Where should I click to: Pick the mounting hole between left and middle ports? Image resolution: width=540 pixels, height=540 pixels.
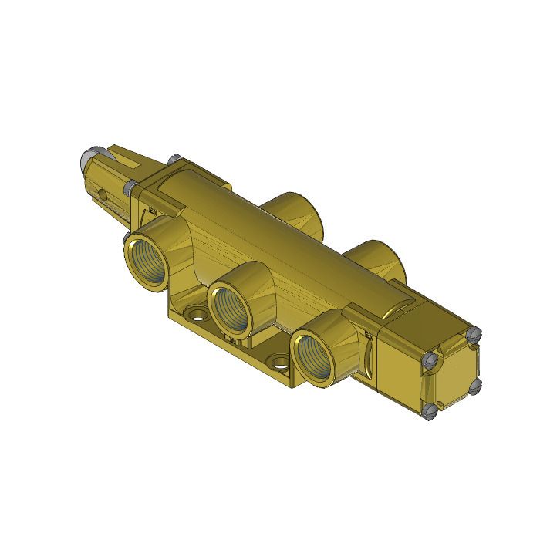pyautogui.click(x=197, y=316)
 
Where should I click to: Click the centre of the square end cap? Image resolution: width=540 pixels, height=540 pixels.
pyautogui.click(x=452, y=372)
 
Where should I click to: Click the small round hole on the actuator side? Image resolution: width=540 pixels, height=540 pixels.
pyautogui.click(x=100, y=193)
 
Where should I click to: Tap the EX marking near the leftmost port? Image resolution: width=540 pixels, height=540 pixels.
pyautogui.click(x=153, y=208)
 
